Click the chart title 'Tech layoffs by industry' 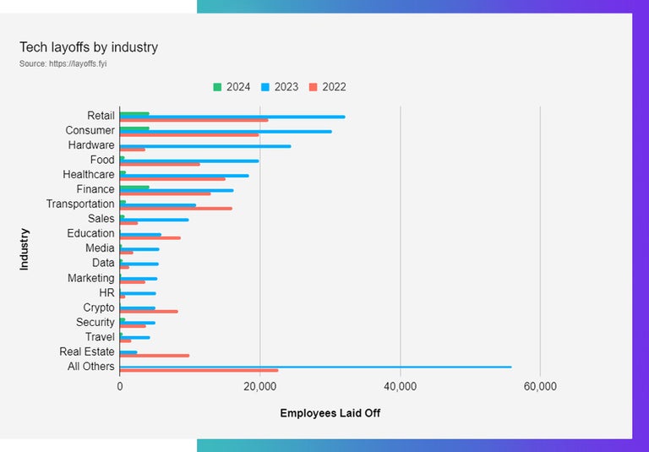point(89,47)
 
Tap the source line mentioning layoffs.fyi point(63,63)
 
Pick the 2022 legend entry point(326,87)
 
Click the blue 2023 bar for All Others point(315,367)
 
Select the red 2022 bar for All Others point(199,370)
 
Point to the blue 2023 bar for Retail point(232,117)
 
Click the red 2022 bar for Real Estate point(155,356)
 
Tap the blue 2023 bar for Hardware point(205,146)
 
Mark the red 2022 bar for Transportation point(176,208)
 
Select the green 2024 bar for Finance point(134,187)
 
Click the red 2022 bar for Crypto point(149,311)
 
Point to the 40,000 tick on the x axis point(400,386)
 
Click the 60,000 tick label point(540,386)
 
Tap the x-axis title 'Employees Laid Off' point(330,413)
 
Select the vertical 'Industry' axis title point(25,248)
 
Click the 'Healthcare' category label point(89,174)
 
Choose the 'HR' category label point(106,292)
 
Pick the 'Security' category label point(95,322)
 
